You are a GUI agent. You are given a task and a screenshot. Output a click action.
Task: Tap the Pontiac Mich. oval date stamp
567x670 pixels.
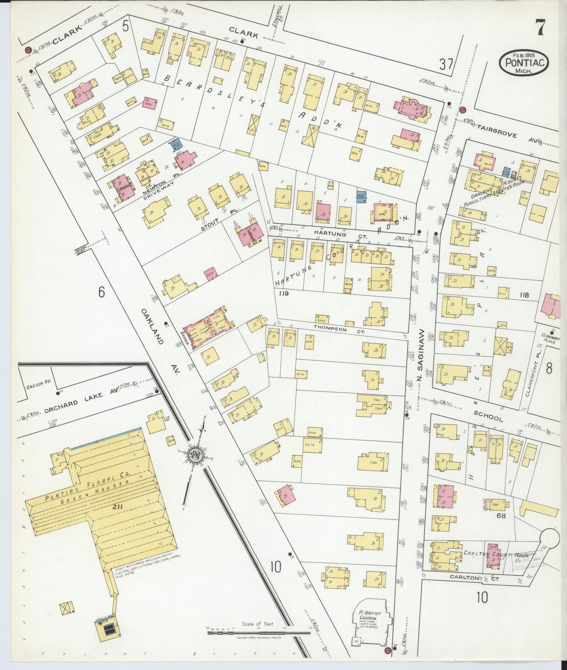coord(524,63)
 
